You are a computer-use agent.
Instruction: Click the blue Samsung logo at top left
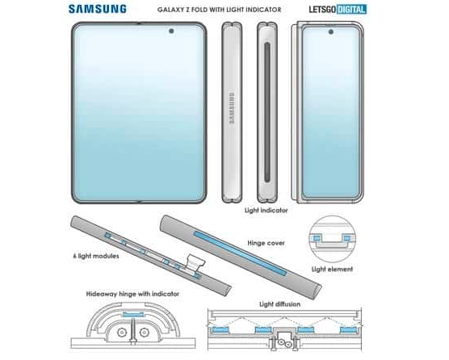[x=98, y=9]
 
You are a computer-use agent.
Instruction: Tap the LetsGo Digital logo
[x=338, y=9]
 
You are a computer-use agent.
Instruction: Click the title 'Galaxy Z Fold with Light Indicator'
[x=220, y=10]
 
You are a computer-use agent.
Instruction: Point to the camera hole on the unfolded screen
[x=171, y=31]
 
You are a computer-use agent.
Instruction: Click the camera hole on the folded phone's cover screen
[x=331, y=31]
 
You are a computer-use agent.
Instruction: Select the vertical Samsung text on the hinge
[x=232, y=108]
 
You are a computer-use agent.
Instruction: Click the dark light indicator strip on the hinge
[x=267, y=112]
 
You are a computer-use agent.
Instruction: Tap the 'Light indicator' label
[x=266, y=211]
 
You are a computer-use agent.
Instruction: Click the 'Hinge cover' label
[x=266, y=243]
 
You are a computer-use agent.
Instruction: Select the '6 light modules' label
[x=96, y=256]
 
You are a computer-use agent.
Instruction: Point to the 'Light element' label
[x=332, y=269]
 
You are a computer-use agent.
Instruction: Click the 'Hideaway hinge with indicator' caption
[x=132, y=294]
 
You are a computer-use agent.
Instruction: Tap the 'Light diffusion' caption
[x=279, y=304]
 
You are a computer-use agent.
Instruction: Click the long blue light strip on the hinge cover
[x=241, y=253]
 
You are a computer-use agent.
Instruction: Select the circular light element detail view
[x=332, y=239]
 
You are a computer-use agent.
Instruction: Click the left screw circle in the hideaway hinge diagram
[x=122, y=333]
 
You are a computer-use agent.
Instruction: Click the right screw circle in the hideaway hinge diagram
[x=144, y=333]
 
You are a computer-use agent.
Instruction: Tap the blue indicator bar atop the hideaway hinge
[x=133, y=315]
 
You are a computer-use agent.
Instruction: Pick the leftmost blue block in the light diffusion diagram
[x=220, y=329]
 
